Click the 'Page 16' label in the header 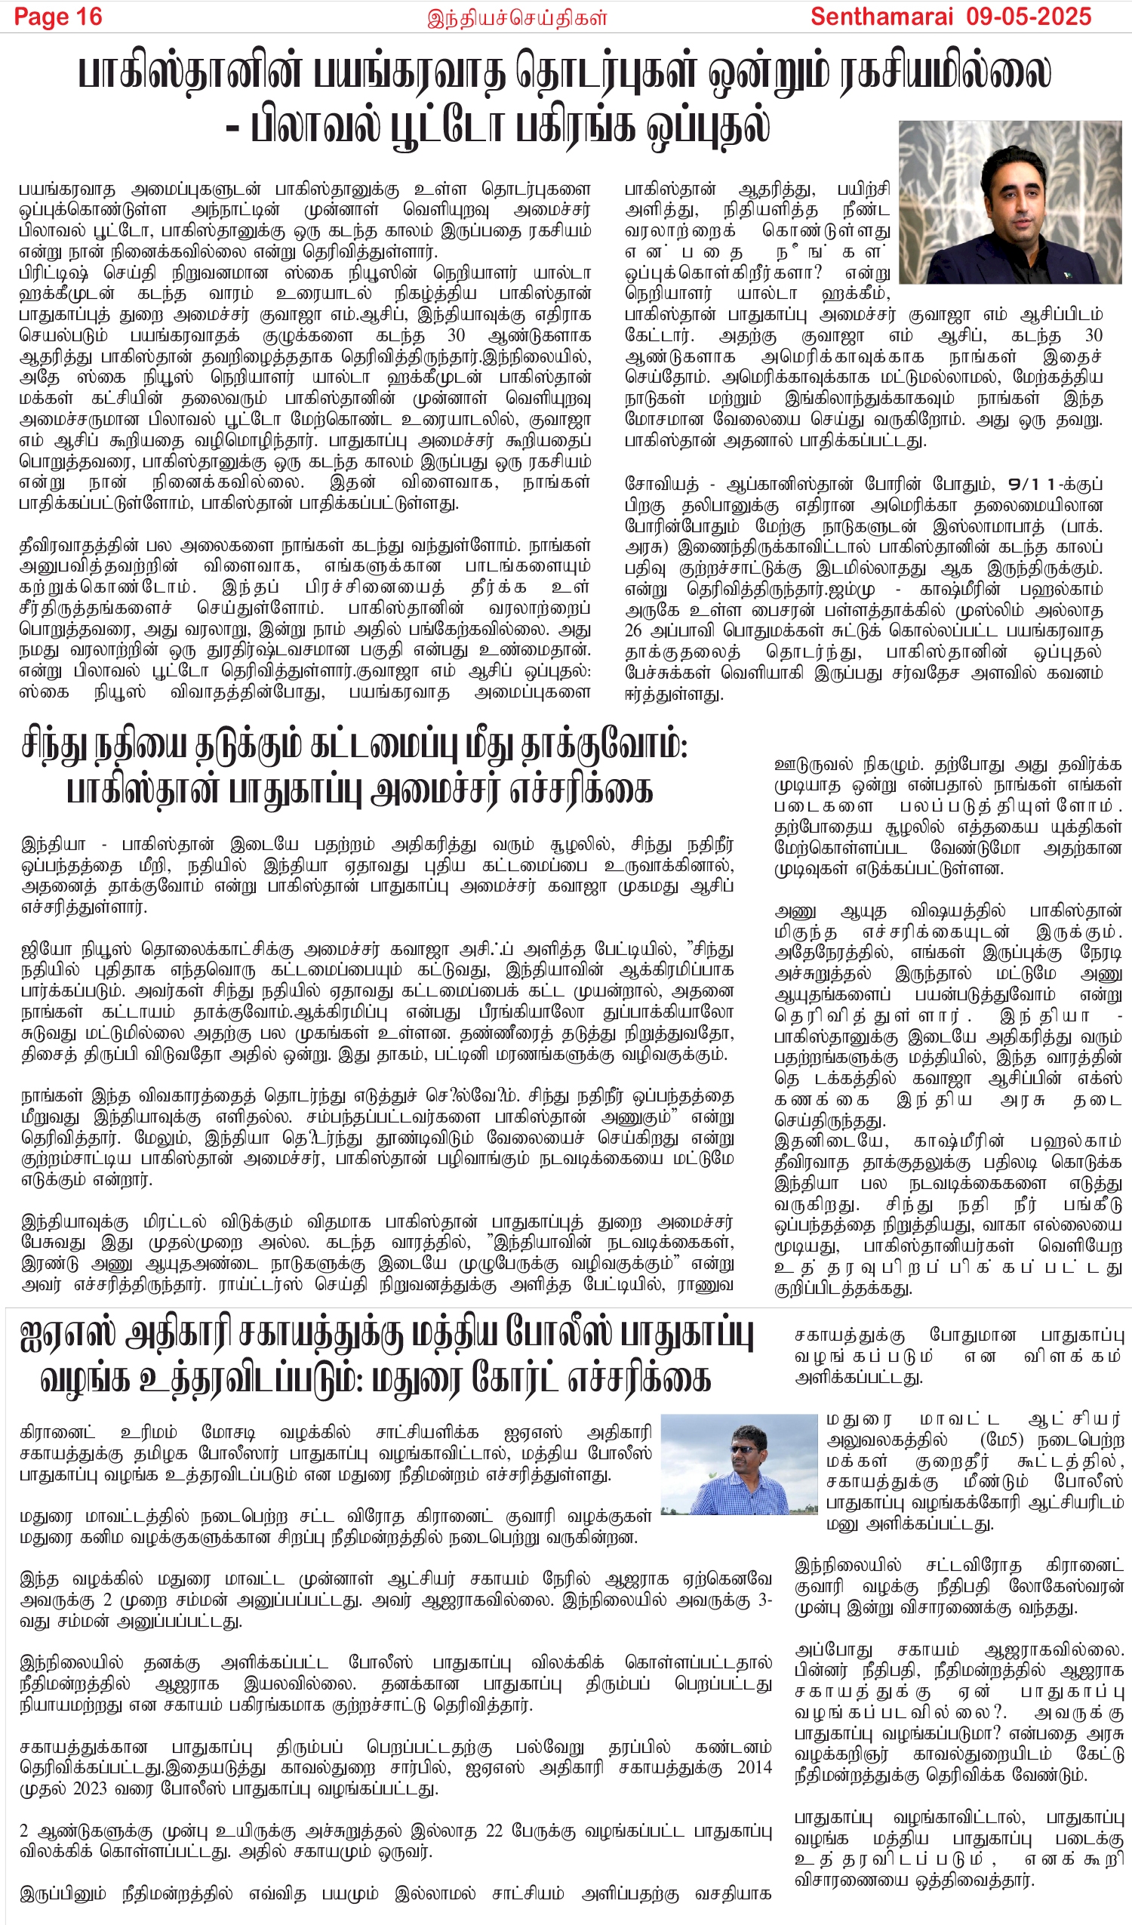58,17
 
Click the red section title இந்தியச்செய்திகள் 517,17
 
